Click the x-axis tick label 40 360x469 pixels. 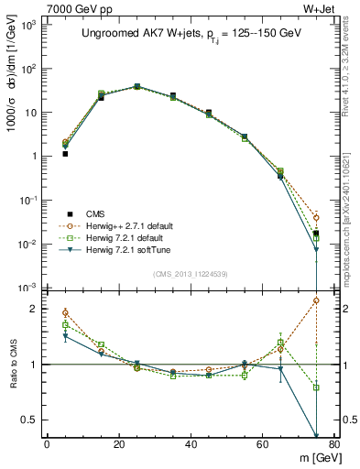point(191,444)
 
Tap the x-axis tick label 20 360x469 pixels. point(119,444)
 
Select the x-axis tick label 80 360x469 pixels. point(334,444)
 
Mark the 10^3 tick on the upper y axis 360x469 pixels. point(30,25)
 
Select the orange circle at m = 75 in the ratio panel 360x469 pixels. point(316,300)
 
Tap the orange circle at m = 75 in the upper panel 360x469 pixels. point(316,218)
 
